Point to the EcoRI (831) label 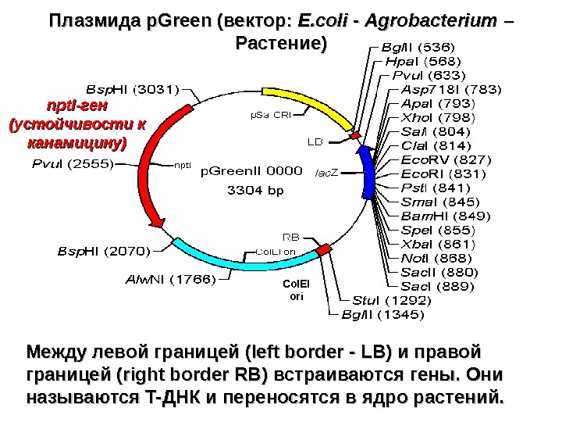[x=436, y=174]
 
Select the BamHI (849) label [x=436, y=216]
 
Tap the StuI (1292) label [x=389, y=300]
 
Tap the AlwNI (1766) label [x=169, y=280]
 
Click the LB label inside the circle [x=315, y=142]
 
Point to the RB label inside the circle [x=290, y=235]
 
